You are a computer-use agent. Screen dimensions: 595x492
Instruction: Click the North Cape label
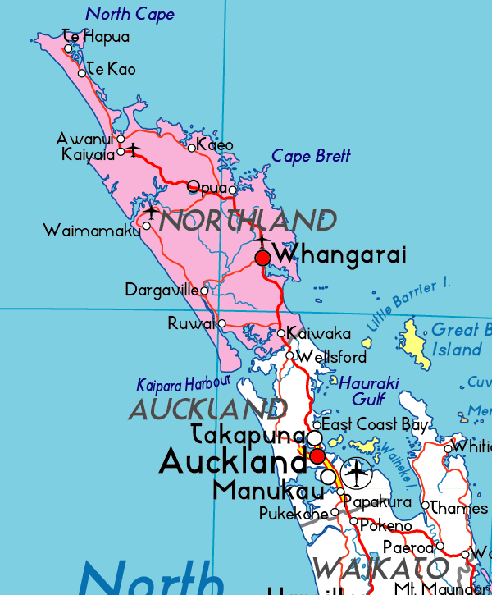130,14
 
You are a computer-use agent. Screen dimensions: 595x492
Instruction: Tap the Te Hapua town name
97,36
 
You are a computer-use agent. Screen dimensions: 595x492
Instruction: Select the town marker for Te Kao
82,73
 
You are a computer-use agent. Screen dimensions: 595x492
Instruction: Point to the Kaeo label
216,145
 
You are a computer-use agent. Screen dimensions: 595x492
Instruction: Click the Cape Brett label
311,156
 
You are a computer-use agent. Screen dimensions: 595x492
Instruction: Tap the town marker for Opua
232,190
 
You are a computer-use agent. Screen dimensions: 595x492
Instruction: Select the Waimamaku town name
92,231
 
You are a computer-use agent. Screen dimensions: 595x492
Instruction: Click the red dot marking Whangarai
262,259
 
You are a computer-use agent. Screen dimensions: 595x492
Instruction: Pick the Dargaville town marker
204,290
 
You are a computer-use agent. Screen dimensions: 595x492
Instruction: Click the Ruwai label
191,324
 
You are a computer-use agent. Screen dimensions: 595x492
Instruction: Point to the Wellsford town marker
289,355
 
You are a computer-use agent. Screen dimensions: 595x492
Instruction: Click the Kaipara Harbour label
184,384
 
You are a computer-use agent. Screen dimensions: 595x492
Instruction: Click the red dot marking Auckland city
317,455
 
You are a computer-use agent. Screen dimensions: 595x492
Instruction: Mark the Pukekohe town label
293,515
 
